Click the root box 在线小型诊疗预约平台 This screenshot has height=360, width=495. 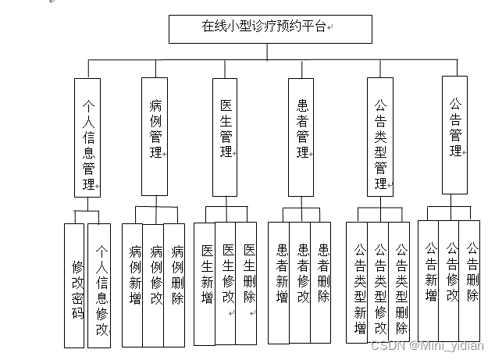click(x=269, y=28)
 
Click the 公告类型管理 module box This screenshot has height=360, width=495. click(x=380, y=137)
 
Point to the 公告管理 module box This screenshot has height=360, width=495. click(x=455, y=134)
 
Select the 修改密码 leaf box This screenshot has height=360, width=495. click(x=74, y=284)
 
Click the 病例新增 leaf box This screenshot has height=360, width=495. click(x=133, y=285)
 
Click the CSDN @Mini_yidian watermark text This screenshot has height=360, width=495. click(x=427, y=346)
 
